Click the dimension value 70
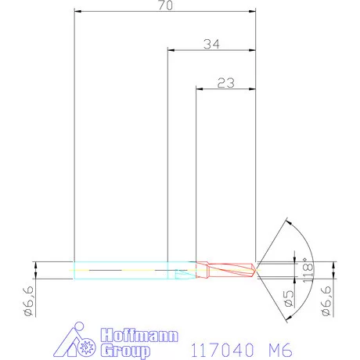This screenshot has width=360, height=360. (166, 6)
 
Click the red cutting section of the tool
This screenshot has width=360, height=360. (227, 270)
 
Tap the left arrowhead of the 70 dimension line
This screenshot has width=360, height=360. (77, 12)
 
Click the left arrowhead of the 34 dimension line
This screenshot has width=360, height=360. (171, 50)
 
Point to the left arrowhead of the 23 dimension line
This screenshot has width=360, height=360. (199, 87)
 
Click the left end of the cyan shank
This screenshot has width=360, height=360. (74, 270)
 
